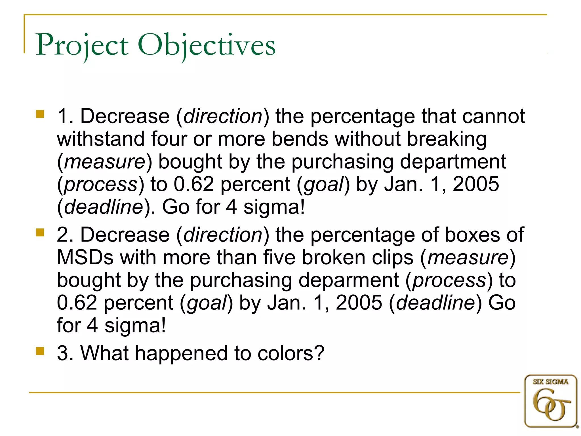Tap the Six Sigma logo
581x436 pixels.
(551, 401)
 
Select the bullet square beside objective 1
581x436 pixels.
(40, 114)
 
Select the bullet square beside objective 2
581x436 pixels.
(40, 232)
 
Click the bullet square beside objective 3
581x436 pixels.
(40, 351)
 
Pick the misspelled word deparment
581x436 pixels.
(349, 280)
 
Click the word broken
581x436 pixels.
(333, 257)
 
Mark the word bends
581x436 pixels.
(300, 139)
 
